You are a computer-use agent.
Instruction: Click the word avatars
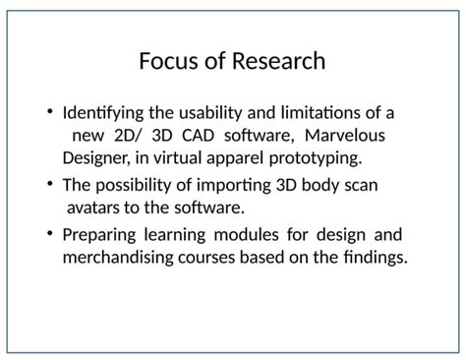(99, 208)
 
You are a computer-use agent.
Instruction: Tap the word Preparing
(99, 235)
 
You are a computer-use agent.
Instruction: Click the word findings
(370, 258)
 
